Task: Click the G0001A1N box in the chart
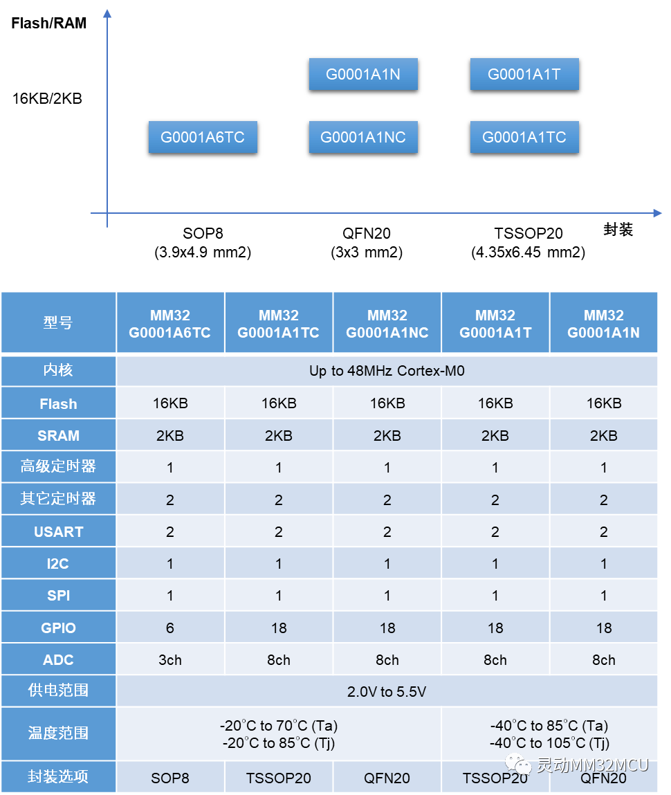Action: tap(363, 75)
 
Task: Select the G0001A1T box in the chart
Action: tap(524, 75)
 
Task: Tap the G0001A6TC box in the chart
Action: tap(203, 137)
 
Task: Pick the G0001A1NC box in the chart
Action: tap(363, 137)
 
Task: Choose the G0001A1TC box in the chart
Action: tap(524, 137)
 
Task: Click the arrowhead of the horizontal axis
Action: tap(658, 213)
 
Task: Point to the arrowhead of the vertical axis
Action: tap(107, 14)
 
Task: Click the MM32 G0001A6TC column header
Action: tap(170, 324)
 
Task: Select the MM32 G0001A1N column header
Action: tap(603, 324)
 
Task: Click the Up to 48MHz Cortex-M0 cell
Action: tap(387, 371)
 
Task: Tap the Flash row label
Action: tap(58, 403)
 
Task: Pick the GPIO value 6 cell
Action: tap(170, 628)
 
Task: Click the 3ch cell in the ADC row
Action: tap(170, 660)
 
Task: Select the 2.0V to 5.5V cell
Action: tap(387, 691)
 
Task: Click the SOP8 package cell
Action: tap(170, 778)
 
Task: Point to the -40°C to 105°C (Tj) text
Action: tap(550, 743)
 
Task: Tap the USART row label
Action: tap(58, 531)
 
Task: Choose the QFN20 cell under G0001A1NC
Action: tap(387, 778)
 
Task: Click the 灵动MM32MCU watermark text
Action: tap(592, 765)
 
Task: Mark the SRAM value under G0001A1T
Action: tap(495, 436)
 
